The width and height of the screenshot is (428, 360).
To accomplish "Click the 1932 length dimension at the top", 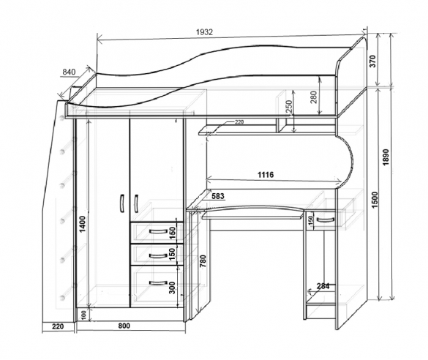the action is tap(204, 32).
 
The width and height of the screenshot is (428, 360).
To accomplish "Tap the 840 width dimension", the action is tap(69, 72).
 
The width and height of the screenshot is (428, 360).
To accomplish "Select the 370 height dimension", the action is tap(373, 61).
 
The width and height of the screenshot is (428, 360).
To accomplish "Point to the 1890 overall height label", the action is tap(386, 157).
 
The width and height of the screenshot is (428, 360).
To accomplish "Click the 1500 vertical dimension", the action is tap(375, 200).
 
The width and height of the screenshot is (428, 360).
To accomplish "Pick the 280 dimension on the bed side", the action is tap(314, 97).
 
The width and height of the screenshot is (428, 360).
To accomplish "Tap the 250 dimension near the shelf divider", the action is tap(289, 106).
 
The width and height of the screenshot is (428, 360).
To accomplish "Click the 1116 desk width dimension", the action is tap(266, 175).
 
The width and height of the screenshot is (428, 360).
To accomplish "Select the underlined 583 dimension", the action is tap(218, 196).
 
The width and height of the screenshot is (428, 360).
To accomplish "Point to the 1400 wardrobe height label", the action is tap(83, 224).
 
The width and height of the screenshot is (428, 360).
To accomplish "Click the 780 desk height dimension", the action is tap(203, 261).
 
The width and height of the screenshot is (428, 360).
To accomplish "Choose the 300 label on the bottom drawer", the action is tap(172, 288).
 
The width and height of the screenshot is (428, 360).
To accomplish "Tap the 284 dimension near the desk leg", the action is tap(323, 286).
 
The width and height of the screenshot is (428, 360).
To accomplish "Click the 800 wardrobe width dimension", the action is tap(124, 326).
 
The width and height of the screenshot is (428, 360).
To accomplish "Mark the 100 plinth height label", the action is tap(84, 315).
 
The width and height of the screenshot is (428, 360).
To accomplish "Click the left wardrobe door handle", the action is tap(122, 203).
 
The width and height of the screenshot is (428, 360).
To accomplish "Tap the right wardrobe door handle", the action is tap(136, 203).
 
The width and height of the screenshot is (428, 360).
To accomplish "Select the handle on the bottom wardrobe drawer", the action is tap(158, 282).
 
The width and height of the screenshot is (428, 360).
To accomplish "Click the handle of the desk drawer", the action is tap(326, 220).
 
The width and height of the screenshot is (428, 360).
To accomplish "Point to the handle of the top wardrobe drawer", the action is tap(158, 232).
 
